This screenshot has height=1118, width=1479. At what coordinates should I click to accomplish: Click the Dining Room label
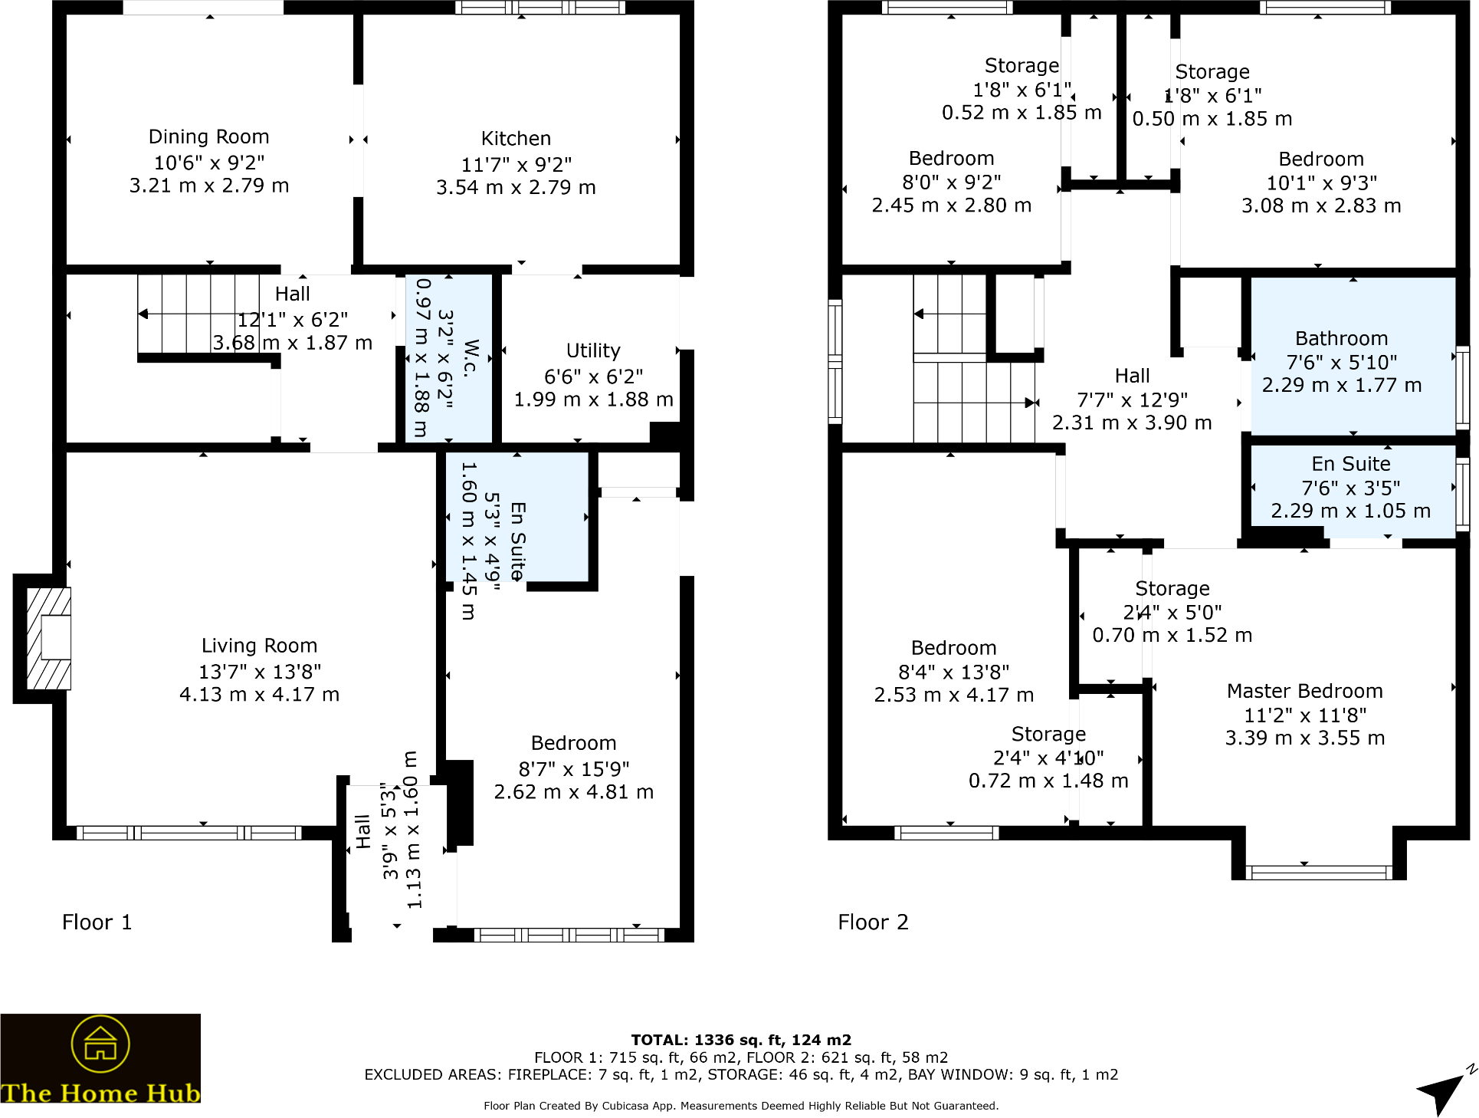click(208, 137)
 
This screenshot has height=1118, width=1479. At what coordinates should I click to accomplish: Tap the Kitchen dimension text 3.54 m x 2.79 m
click(516, 188)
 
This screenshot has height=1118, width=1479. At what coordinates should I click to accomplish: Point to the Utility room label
click(592, 351)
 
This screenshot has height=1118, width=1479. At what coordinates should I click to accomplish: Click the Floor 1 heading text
click(97, 922)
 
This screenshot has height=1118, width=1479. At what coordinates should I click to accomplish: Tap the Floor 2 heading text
click(873, 922)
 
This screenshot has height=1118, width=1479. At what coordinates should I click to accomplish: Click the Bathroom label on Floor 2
click(1341, 339)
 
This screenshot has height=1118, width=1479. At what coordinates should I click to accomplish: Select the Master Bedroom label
click(1304, 692)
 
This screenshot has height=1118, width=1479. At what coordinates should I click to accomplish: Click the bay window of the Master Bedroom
click(1318, 872)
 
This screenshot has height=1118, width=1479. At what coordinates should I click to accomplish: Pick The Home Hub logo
click(100, 1059)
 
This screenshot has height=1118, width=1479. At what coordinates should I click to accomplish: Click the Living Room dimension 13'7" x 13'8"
click(260, 672)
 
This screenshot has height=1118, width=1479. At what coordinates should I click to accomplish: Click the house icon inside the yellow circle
click(100, 1044)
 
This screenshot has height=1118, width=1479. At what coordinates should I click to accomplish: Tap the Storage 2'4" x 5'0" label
click(1172, 589)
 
